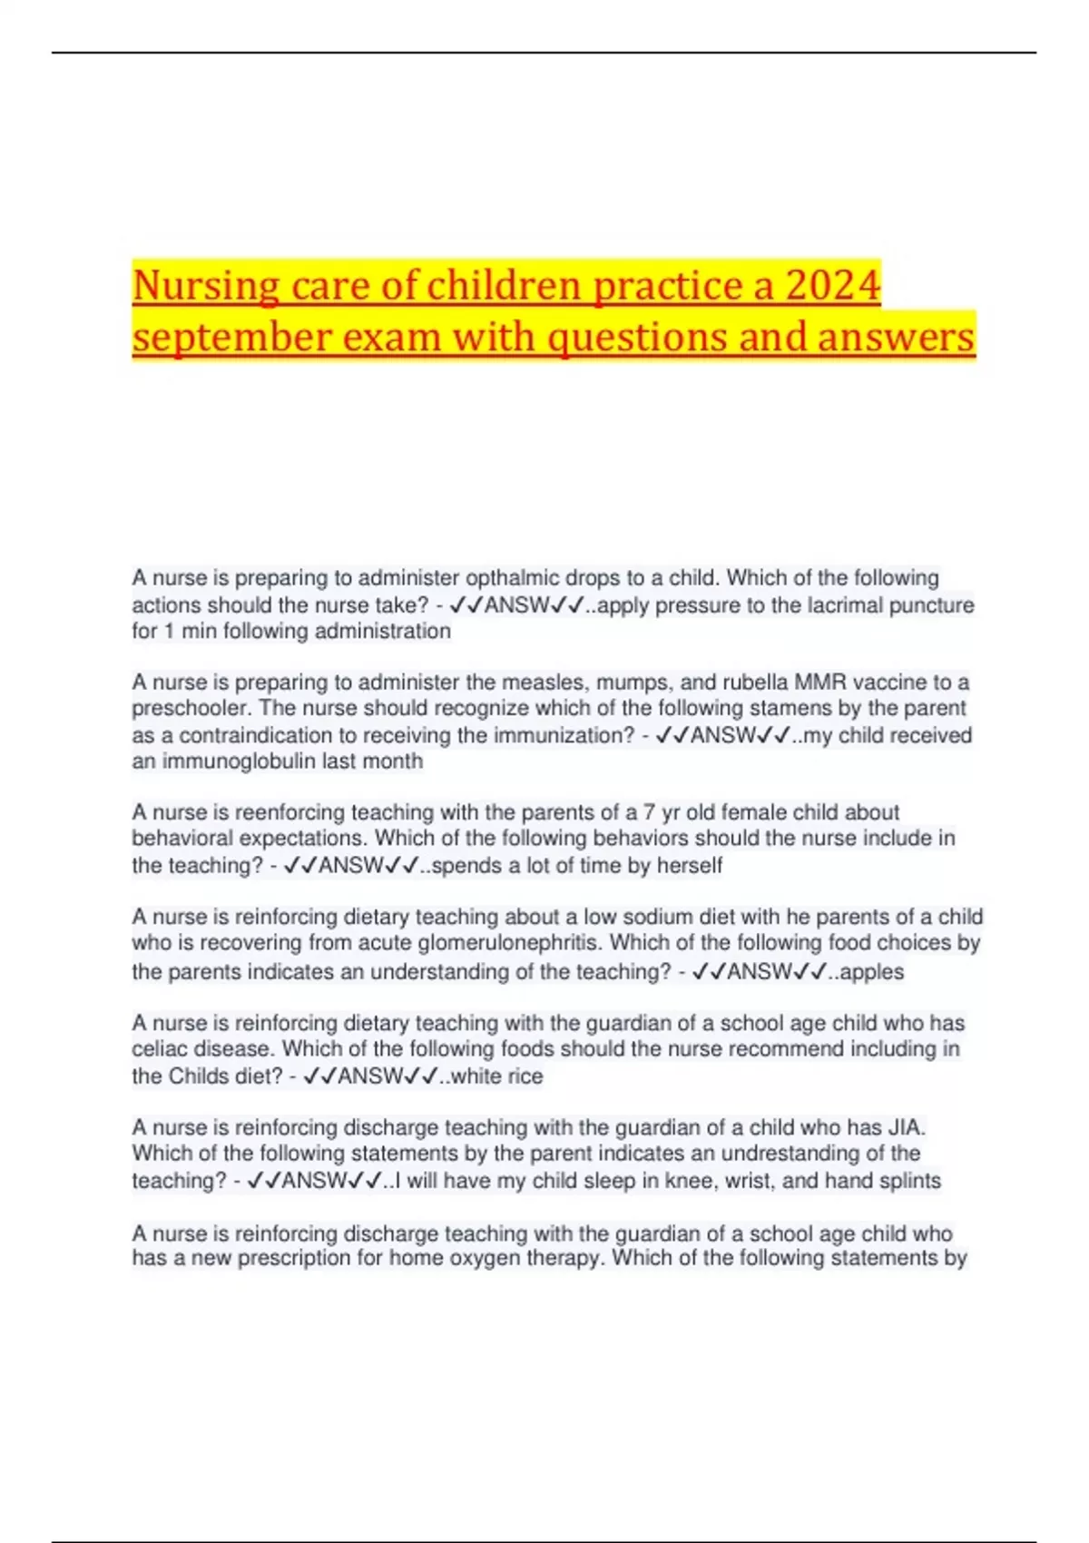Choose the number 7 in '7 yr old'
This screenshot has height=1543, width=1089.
point(650,812)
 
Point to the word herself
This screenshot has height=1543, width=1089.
point(690,865)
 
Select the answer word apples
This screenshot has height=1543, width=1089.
point(871,972)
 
